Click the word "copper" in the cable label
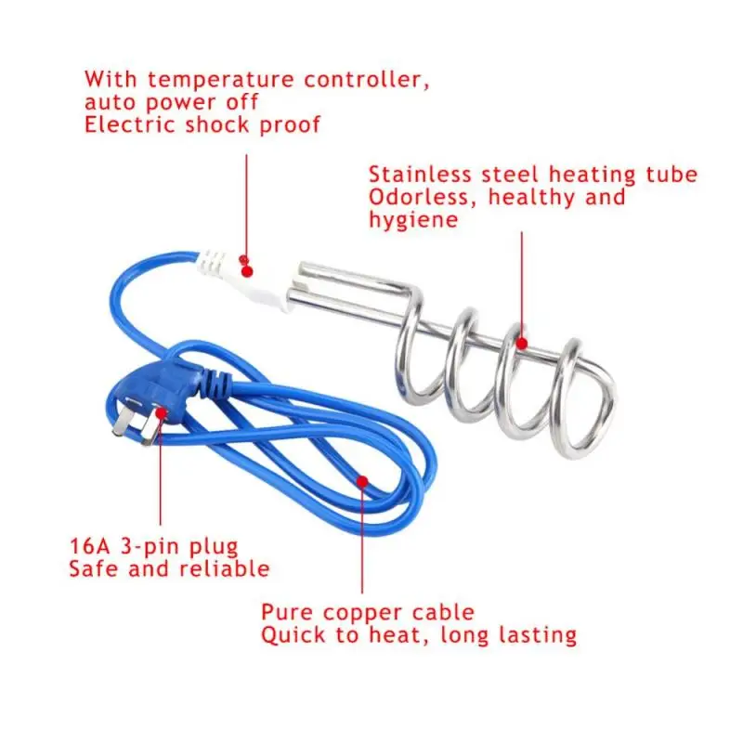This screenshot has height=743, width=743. click(x=365, y=613)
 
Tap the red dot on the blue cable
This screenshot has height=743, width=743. click(x=362, y=481)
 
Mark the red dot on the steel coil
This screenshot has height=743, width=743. click(x=522, y=345)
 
